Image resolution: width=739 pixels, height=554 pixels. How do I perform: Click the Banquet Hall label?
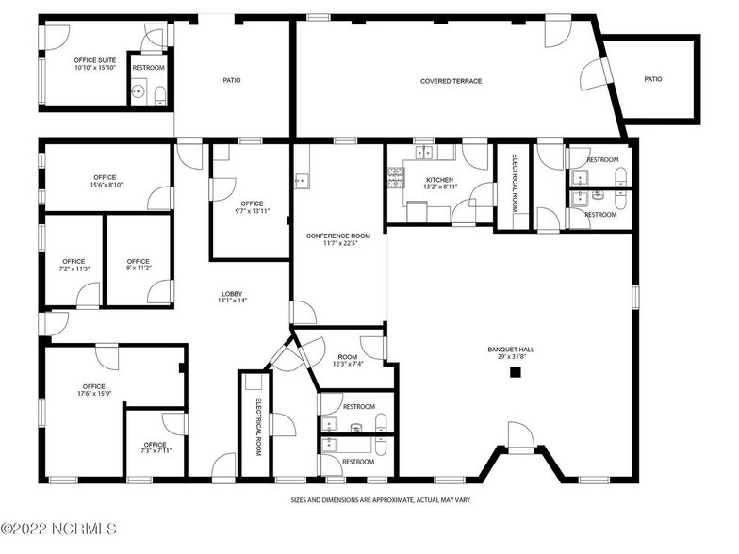coord(511,352)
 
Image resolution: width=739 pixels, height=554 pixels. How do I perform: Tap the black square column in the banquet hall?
coord(516,373)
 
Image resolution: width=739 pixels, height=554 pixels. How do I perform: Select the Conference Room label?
coord(338,239)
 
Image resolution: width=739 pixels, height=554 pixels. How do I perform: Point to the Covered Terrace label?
coord(451,81)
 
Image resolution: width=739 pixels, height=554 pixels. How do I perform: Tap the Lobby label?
coord(232,295)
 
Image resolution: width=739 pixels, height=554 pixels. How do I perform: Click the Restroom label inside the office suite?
coord(148,69)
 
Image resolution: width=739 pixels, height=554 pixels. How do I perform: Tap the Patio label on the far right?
coord(652,79)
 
